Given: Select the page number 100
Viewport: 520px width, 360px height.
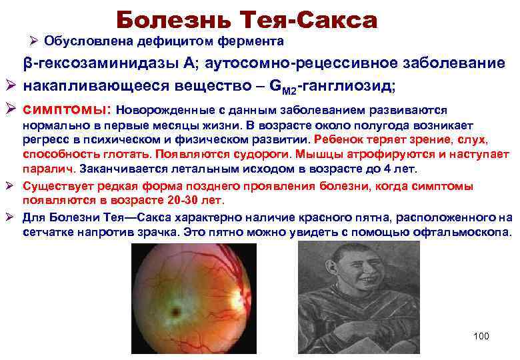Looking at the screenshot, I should point(481,336).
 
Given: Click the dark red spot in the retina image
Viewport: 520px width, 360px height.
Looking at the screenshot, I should point(177,311).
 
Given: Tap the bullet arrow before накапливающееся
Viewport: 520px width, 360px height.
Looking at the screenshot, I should point(10,87).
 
